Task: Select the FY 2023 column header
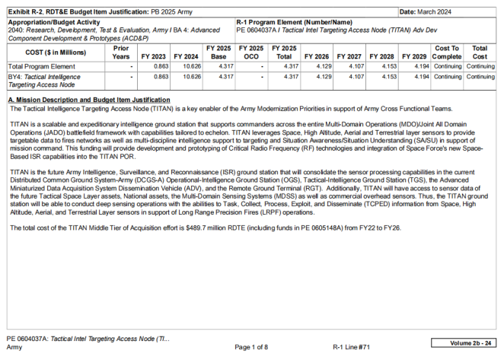tap(155, 56)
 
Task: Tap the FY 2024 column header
tap(186, 56)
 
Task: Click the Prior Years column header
tap(120, 52)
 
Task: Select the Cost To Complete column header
tap(447, 52)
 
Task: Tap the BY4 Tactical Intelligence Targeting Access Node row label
tap(46, 80)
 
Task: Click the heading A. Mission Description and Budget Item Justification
tap(88, 100)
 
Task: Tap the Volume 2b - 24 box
tap(465, 343)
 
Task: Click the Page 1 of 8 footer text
tap(251, 346)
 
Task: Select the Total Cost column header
tap(480, 52)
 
